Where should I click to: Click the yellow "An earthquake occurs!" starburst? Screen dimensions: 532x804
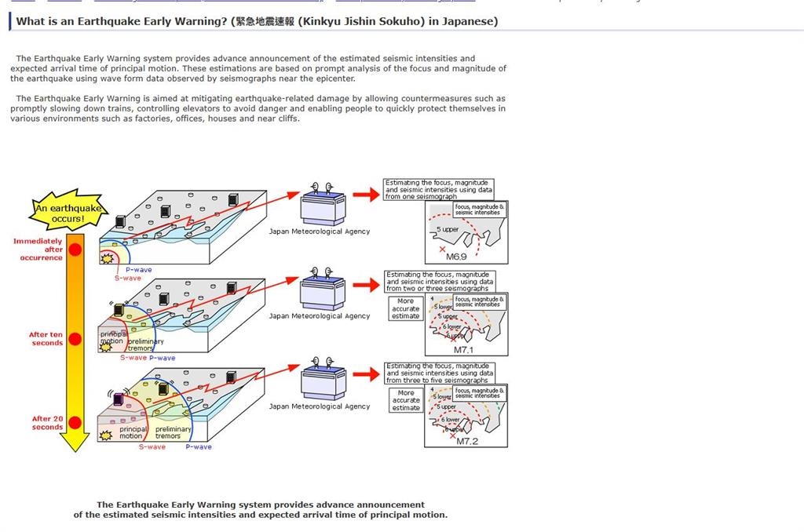(68, 210)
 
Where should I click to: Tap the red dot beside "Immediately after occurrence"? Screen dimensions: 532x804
(75, 250)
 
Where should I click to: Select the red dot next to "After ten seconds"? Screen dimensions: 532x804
(75, 339)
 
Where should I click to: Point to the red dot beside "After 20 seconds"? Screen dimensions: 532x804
(75, 423)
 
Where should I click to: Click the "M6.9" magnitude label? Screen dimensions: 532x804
(456, 257)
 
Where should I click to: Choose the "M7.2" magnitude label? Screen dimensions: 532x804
(467, 442)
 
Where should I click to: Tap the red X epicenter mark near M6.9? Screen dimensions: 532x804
(442, 249)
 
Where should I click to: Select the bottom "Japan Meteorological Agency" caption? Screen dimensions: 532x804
(319, 406)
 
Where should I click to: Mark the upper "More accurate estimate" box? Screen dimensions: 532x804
(405, 308)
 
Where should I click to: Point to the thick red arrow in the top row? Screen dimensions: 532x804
(366, 194)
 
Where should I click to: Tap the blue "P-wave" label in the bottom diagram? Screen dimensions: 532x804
(199, 447)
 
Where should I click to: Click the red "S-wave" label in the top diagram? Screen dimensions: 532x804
(127, 279)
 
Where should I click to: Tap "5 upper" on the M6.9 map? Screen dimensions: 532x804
(448, 230)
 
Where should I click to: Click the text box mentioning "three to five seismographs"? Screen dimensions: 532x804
(440, 373)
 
